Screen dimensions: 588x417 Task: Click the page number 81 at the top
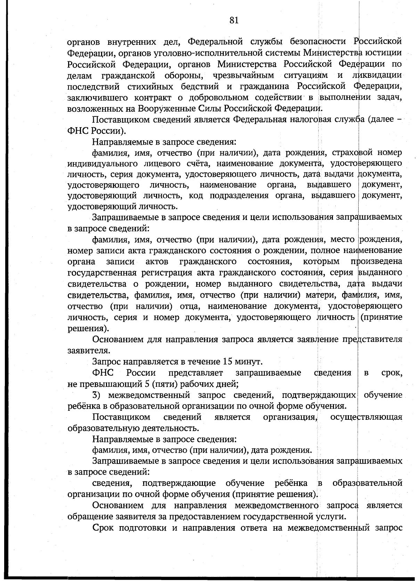click(234, 21)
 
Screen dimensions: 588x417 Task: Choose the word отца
click(189, 306)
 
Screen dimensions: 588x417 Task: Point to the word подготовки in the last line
click(145, 528)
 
